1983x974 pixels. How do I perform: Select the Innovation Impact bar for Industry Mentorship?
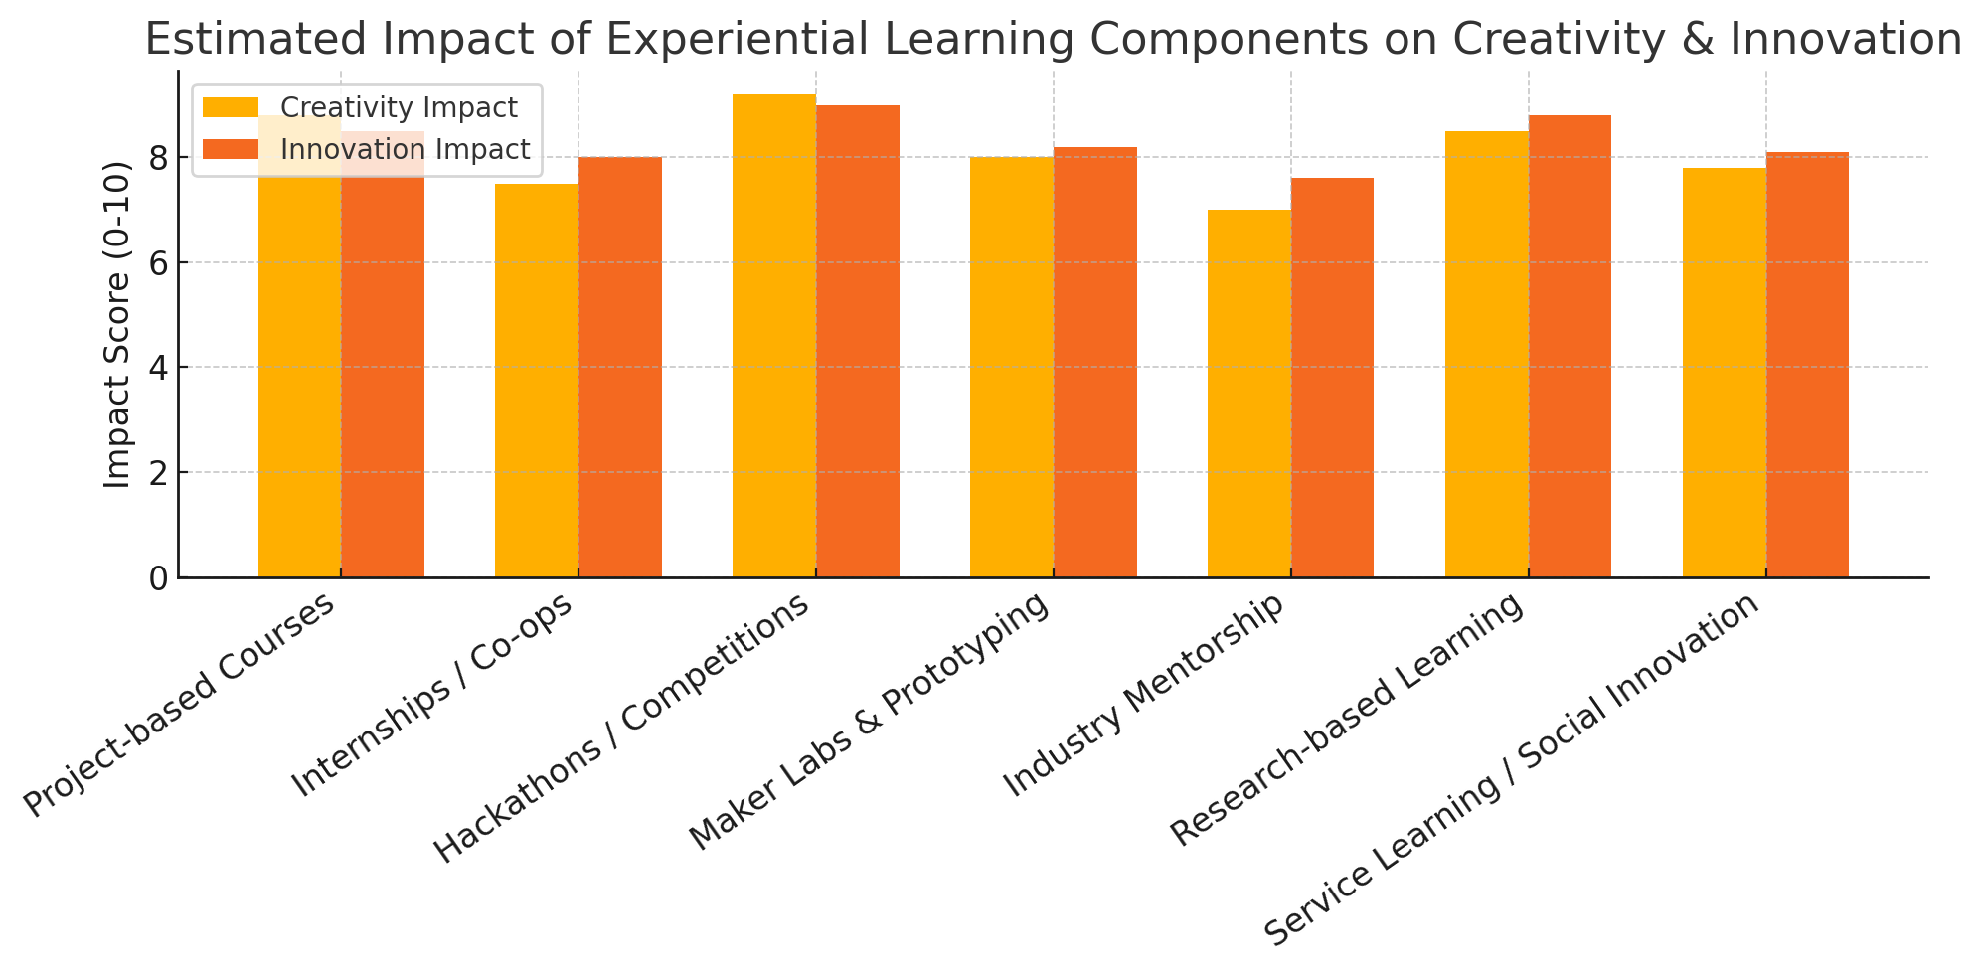1332,378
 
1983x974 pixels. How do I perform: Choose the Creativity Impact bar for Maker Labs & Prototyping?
1012,367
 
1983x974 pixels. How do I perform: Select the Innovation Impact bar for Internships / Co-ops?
620,367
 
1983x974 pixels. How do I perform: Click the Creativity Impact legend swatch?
230,107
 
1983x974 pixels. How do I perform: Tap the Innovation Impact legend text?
405,149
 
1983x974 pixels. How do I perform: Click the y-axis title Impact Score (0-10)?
118,324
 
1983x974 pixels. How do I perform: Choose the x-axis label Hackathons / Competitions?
621,730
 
